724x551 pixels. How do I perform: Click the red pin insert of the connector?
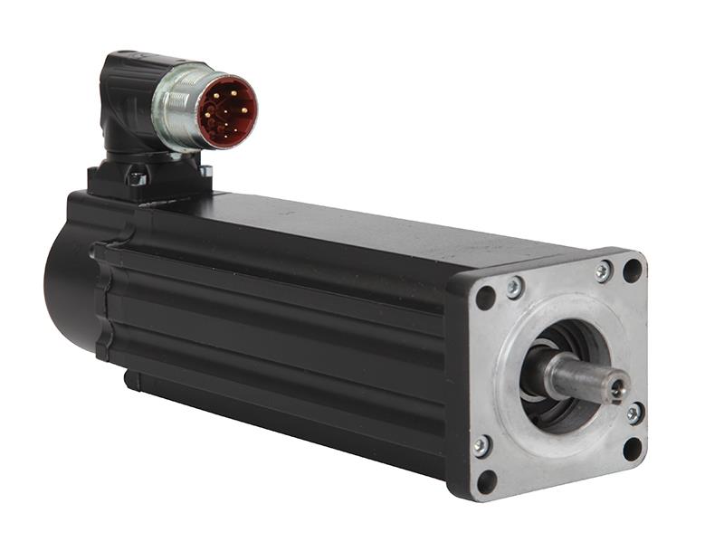coord(227,112)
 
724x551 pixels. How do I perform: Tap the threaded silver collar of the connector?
coord(177,109)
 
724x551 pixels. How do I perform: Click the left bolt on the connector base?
coord(137,178)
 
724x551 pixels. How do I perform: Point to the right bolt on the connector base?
coord(205,170)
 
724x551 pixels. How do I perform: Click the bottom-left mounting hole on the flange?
coord(486,480)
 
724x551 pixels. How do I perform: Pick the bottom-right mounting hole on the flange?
coord(633,448)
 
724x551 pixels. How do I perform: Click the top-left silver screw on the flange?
coord(514,288)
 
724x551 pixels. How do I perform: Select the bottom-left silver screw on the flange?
coord(482,446)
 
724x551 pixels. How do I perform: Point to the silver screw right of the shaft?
coord(635,413)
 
